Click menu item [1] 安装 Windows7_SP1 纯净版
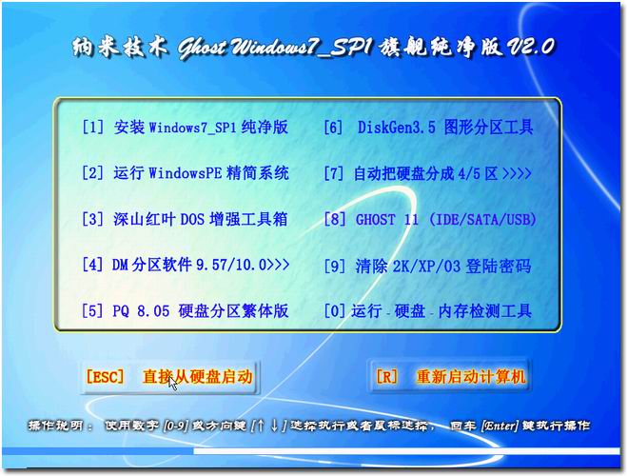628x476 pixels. [x=185, y=128]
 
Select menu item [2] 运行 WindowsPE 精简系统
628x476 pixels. [x=185, y=173]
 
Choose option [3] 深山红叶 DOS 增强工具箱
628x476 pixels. [x=185, y=219]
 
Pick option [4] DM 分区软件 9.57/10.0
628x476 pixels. [x=186, y=265]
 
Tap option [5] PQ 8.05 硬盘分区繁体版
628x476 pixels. [x=185, y=311]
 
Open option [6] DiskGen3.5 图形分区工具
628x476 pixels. [x=428, y=128]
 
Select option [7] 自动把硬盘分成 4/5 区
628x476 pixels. [x=427, y=173]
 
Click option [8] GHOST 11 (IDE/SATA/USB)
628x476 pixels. [x=430, y=220]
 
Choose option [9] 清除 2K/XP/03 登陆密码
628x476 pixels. [x=427, y=266]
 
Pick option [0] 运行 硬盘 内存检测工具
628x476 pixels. [x=427, y=311]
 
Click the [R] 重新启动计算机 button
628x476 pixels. [x=449, y=377]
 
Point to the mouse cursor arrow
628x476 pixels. [x=172, y=383]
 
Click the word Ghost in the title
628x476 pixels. [x=203, y=49]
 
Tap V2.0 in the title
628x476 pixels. [x=531, y=47]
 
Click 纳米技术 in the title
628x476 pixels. [x=120, y=48]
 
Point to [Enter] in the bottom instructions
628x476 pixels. [x=500, y=426]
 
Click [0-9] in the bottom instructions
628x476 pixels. [x=176, y=426]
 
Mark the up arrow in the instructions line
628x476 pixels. [x=261, y=426]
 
